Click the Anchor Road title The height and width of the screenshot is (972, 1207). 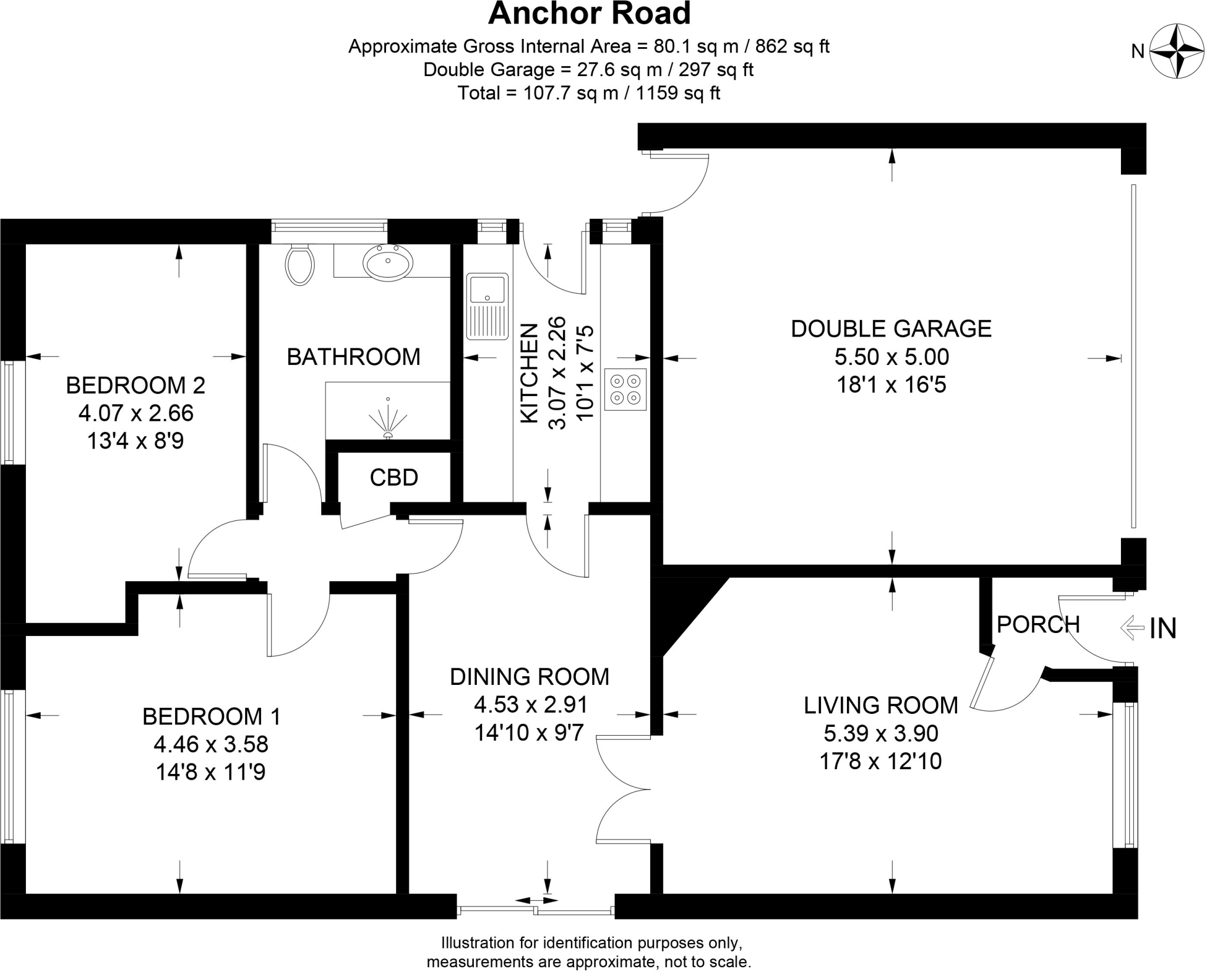[x=589, y=14]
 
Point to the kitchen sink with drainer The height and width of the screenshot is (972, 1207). [x=487, y=306]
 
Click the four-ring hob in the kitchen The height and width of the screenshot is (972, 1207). [x=625, y=390]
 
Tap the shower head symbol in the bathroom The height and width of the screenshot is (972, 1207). [x=388, y=419]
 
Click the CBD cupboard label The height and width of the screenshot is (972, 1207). [x=394, y=477]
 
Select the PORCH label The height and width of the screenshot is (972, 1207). [x=1038, y=624]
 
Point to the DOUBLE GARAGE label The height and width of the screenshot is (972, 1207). [x=891, y=329]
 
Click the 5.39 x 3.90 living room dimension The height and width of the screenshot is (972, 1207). [x=880, y=733]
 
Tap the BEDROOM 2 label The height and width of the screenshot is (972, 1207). [x=136, y=385]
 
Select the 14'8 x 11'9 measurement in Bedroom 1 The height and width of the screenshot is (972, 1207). [x=210, y=772]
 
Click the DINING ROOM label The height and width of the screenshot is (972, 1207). [x=529, y=677]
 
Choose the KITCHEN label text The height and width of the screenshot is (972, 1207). [x=529, y=373]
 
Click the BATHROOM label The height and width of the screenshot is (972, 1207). [x=354, y=357]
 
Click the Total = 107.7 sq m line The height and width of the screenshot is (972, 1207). [x=589, y=93]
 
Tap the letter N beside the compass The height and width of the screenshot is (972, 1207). [x=1137, y=52]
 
